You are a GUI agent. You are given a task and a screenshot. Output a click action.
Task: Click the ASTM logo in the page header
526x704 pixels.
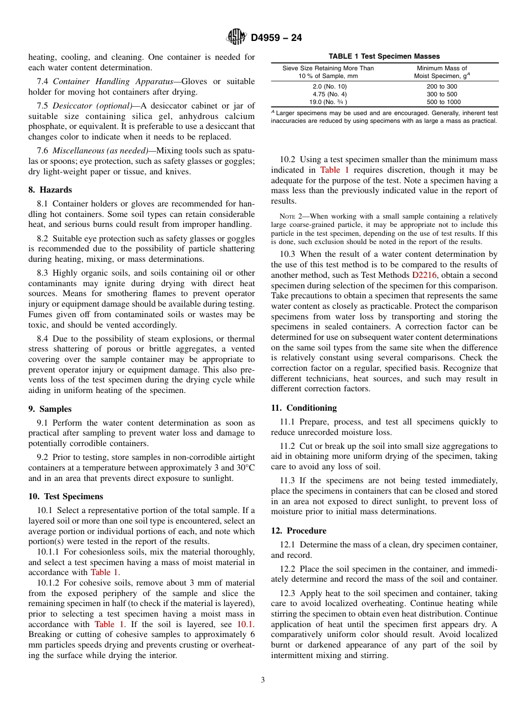pyautogui.click(x=236, y=38)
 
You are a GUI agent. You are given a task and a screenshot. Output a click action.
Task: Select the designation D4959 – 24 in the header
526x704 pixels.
pyautogui.click(x=276, y=38)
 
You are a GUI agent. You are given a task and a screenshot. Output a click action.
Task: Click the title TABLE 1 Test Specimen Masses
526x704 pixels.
pyautogui.click(x=384, y=56)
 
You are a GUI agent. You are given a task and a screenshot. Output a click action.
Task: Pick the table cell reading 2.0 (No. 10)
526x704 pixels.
pyautogui.click(x=328, y=86)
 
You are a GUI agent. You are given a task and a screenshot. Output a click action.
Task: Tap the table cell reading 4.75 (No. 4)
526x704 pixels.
pyautogui.click(x=328, y=94)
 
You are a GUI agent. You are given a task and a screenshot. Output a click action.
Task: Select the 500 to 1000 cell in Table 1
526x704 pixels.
pyautogui.click(x=443, y=102)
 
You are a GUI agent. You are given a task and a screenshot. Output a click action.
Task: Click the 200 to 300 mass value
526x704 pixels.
pyautogui.click(x=442, y=86)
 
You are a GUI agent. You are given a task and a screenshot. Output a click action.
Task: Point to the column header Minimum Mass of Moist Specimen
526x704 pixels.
pyautogui.click(x=442, y=72)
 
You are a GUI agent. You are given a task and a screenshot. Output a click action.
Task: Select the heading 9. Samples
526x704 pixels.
pyautogui.click(x=50, y=409)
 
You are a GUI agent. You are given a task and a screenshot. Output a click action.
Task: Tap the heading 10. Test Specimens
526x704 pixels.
pyautogui.click(x=65, y=496)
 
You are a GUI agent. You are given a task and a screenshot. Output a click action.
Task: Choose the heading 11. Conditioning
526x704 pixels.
pyautogui.click(x=303, y=408)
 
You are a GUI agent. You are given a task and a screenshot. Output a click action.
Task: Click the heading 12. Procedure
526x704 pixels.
pyautogui.click(x=298, y=530)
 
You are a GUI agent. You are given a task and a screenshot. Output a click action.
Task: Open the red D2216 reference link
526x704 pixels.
pyautogui.click(x=424, y=275)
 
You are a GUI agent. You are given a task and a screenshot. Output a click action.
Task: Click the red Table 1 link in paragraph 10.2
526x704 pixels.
pyautogui.click(x=334, y=170)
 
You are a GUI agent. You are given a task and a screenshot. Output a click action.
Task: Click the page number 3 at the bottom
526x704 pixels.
pyautogui.click(x=263, y=680)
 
